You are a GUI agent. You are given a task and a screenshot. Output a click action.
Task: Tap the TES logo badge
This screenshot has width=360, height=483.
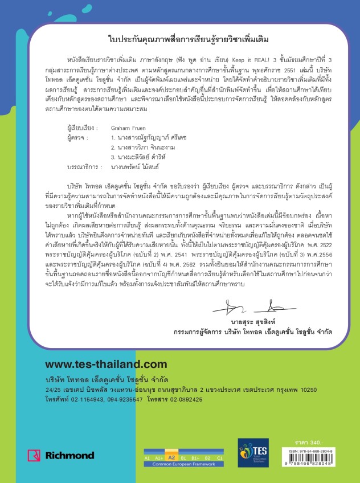(x=253, y=453)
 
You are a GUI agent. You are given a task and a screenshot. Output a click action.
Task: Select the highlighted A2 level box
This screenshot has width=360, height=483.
(x=170, y=456)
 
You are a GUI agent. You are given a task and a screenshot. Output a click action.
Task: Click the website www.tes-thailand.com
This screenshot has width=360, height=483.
(x=97, y=364)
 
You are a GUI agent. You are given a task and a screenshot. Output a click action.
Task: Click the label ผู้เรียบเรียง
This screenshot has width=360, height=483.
(x=83, y=129)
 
